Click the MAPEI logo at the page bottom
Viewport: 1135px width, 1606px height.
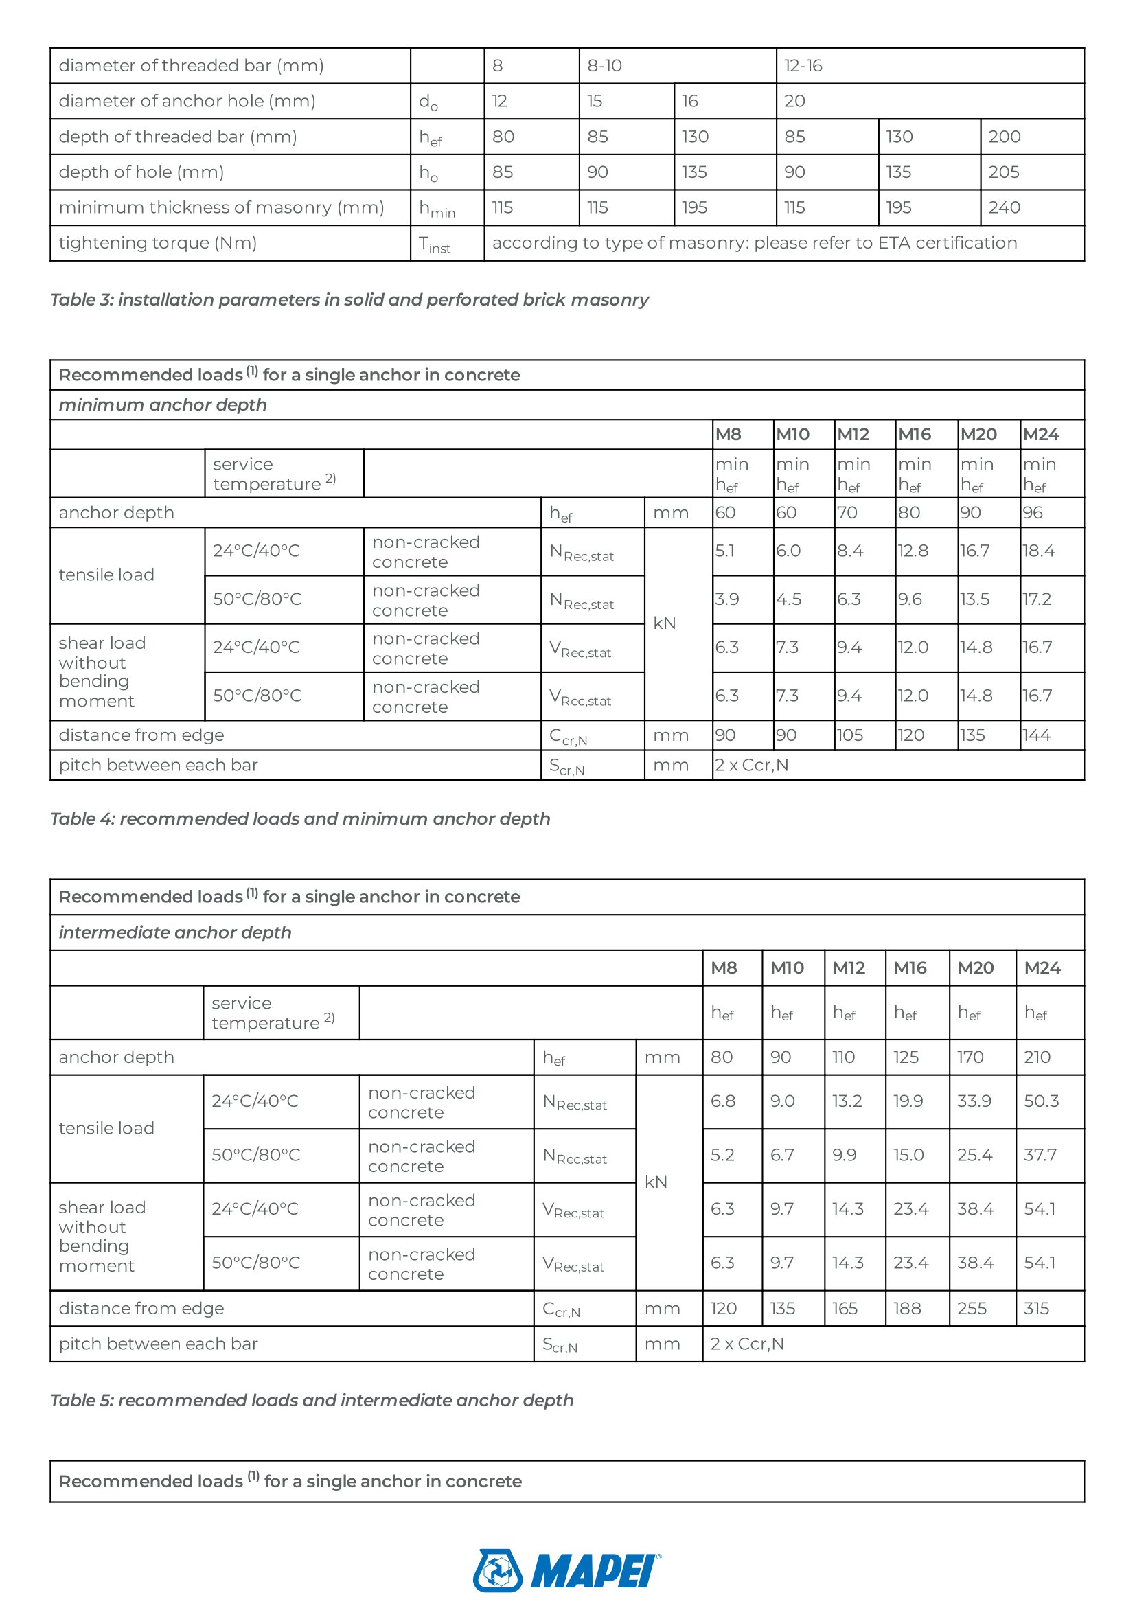[x=566, y=1570]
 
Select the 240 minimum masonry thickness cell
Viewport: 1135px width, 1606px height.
[x=1005, y=208]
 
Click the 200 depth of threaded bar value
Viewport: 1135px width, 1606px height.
[x=1005, y=137]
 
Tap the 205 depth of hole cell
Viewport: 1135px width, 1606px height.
[x=1004, y=172]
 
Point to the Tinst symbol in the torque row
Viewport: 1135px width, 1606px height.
[x=434, y=244]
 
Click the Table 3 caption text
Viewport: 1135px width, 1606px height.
[x=349, y=300]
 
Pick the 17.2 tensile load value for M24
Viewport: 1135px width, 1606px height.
[x=1036, y=599]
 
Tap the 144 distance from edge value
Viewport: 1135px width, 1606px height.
[x=1035, y=735]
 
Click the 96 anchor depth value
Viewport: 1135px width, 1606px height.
[x=1032, y=513]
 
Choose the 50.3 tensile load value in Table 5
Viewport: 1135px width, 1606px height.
[x=1042, y=1101]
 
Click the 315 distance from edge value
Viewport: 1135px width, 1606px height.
[x=1036, y=1308]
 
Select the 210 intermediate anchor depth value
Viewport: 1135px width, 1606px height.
[x=1037, y=1057]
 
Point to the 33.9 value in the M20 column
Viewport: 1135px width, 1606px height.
[x=974, y=1101]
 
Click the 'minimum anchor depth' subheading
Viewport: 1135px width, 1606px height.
[x=163, y=405]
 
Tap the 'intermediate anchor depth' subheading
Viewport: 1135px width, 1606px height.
[x=175, y=932]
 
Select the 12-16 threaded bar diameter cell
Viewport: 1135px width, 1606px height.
[x=803, y=67]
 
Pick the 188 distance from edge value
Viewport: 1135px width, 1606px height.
[x=907, y=1308]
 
